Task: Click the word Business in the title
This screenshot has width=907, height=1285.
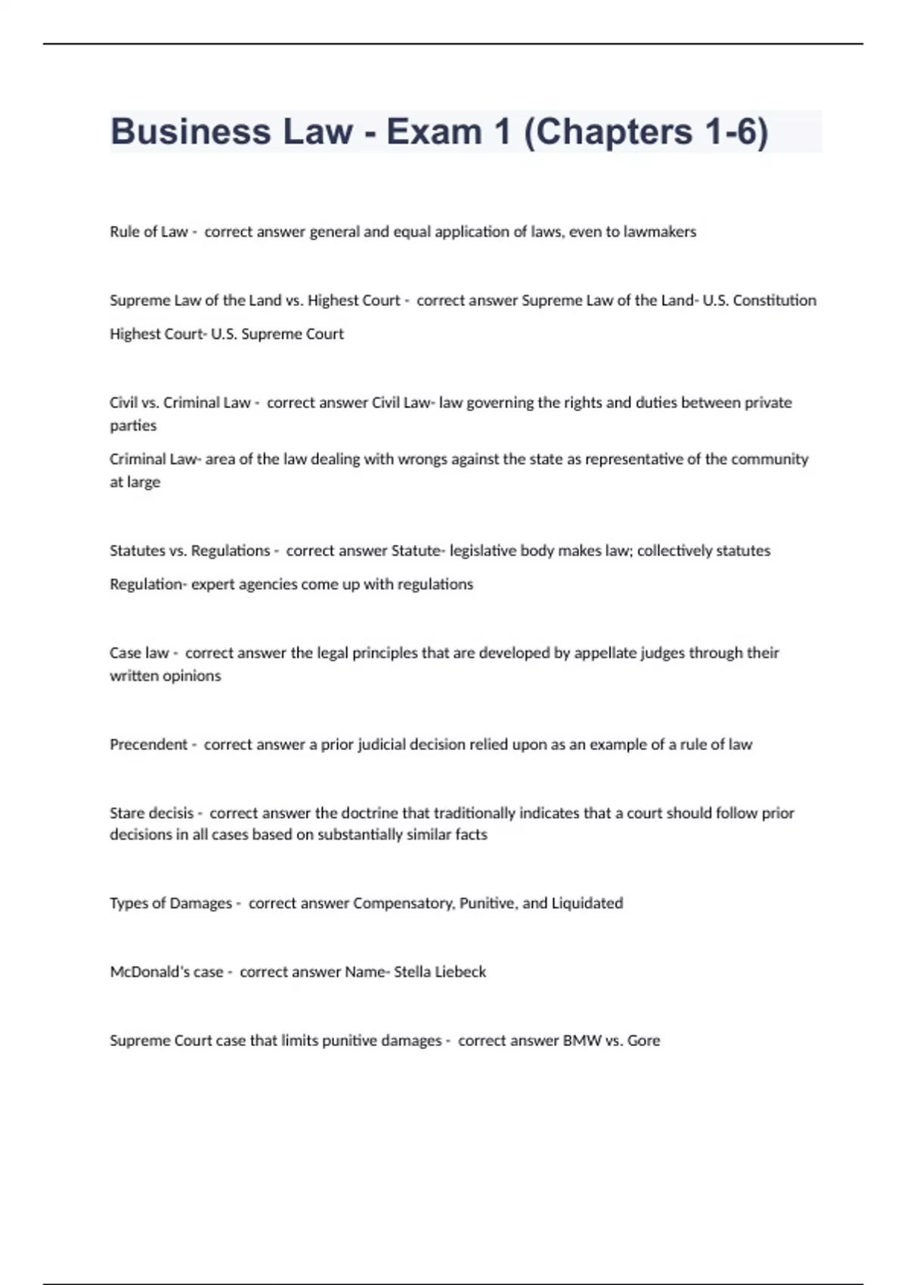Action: pos(190,132)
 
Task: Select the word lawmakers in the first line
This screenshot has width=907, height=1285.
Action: pos(660,232)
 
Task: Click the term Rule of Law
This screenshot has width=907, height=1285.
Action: pos(148,232)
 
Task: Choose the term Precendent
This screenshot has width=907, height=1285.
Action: pos(148,745)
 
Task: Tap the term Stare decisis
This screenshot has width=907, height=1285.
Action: pos(151,813)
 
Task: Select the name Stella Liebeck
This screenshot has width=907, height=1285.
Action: pos(440,972)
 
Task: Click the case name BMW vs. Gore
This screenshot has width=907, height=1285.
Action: pos(611,1041)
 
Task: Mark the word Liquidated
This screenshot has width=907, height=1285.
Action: pos(587,903)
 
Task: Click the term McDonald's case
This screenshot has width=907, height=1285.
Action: pos(166,972)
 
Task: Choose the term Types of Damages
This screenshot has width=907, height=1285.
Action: pos(170,903)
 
